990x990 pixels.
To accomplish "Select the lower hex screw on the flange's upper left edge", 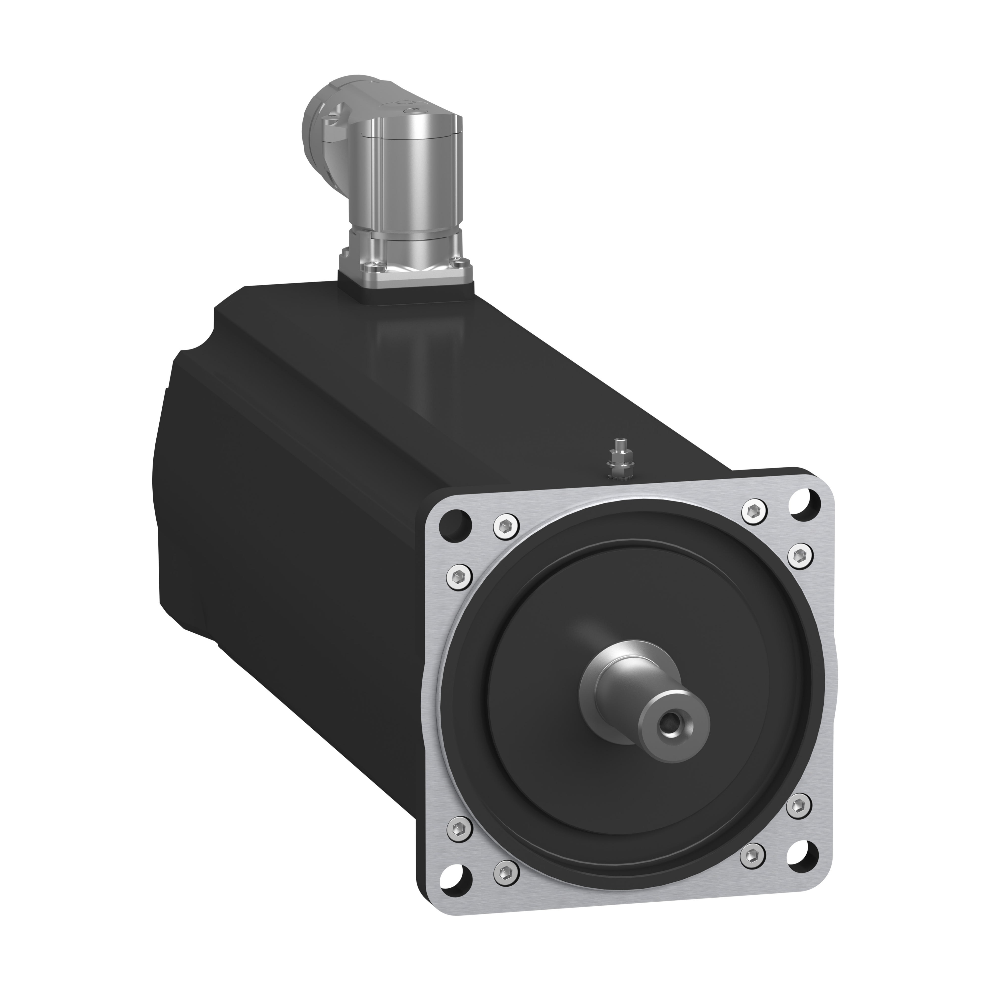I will coord(461,573).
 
